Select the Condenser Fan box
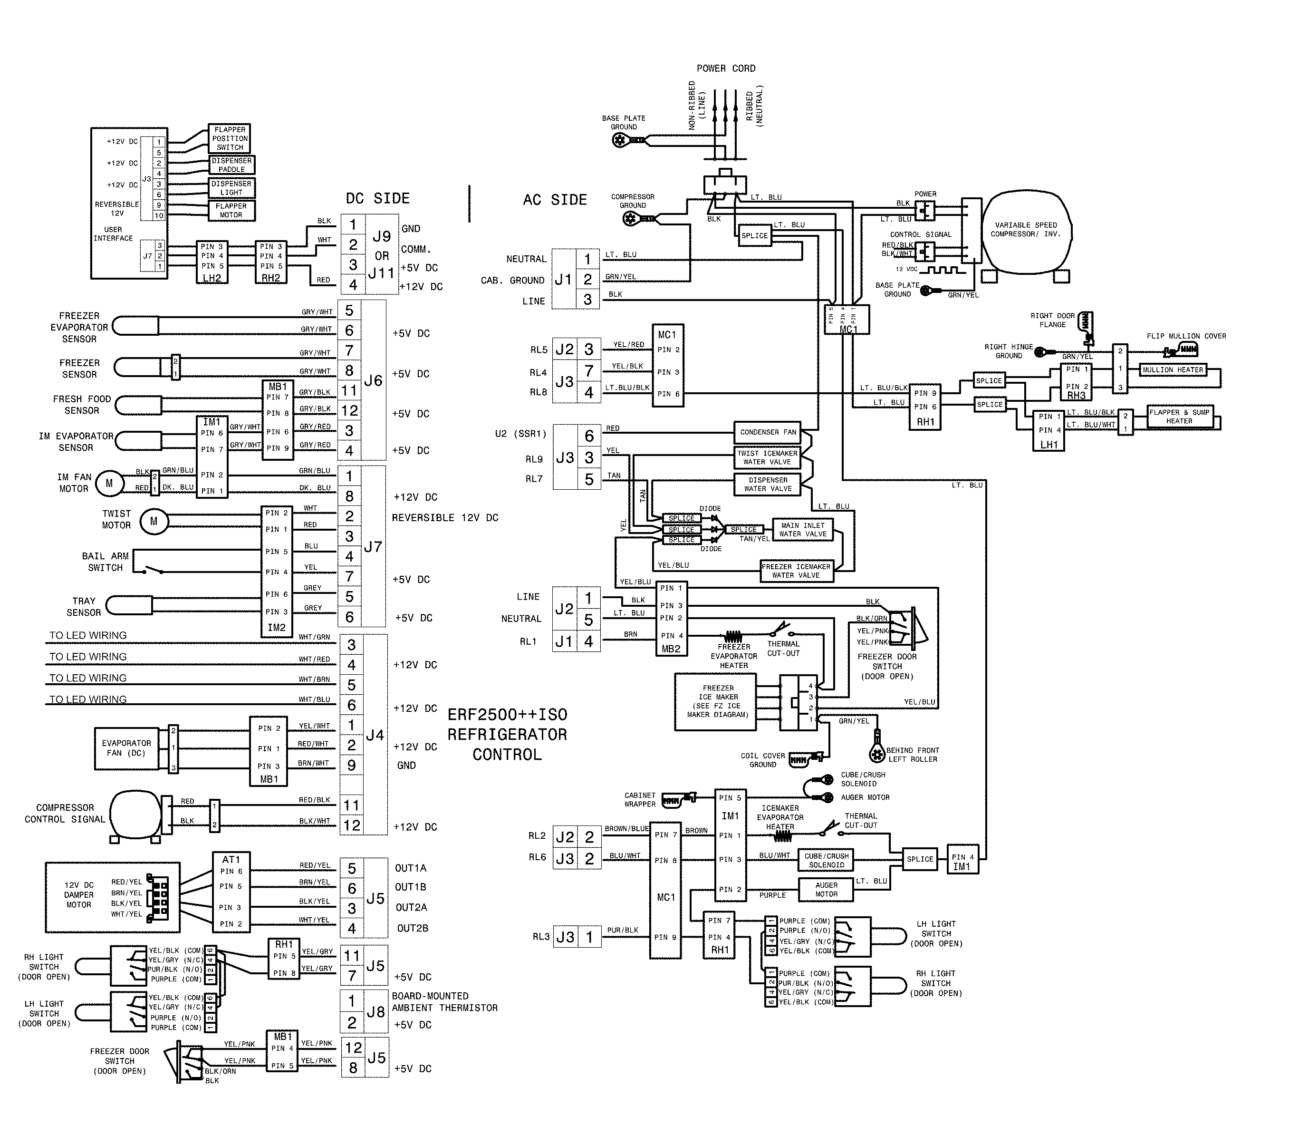(768, 433)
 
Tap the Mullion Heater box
(1173, 370)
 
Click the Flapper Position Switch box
(230, 139)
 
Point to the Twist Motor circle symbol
(154, 522)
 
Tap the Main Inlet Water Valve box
(802, 530)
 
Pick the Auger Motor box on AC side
(826, 890)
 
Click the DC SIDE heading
(377, 199)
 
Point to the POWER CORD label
(725, 68)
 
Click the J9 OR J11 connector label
(382, 255)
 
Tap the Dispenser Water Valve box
(768, 485)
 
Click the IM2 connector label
(276, 628)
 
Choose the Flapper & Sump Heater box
(1179, 417)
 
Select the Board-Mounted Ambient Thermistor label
(444, 1002)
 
